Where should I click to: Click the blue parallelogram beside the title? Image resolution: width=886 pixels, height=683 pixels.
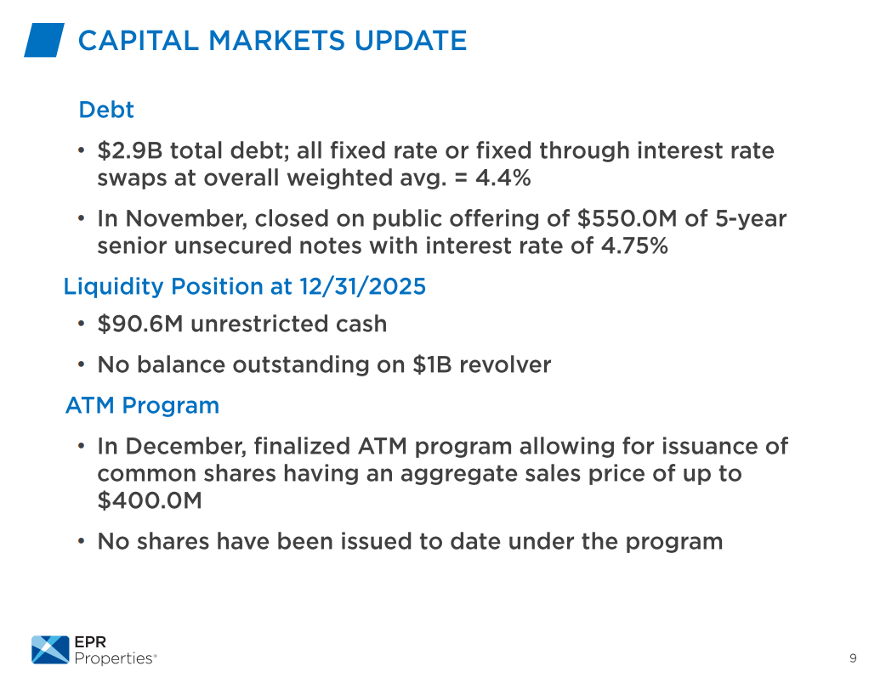44,40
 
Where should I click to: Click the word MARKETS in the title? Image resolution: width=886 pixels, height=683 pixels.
277,41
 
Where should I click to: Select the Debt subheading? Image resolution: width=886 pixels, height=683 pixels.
106,110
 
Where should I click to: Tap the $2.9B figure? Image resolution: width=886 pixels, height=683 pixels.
130,150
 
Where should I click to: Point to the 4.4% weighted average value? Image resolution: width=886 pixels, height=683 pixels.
503,178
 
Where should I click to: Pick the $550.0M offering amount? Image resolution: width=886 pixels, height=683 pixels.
627,218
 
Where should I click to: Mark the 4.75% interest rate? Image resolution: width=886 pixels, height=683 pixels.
634,246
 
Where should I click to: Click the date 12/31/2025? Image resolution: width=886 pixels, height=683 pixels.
362,286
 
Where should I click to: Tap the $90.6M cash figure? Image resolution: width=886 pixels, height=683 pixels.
140,324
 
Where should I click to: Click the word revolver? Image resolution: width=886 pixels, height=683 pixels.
505,365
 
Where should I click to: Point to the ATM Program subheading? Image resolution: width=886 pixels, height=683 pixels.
142,405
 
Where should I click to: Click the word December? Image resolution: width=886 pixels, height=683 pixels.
186,447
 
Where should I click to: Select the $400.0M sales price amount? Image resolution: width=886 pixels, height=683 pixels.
150,500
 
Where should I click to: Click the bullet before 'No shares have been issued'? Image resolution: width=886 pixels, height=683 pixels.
82,541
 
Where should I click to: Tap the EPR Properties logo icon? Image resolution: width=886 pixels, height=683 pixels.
50,650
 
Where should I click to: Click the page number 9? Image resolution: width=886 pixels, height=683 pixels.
853,658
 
